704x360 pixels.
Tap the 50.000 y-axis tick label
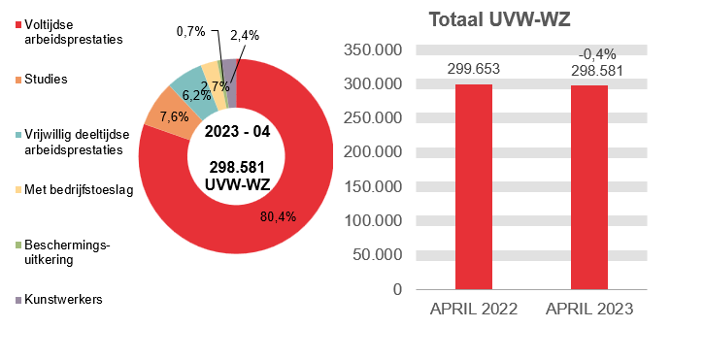(379, 255)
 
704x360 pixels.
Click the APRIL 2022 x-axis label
(474, 310)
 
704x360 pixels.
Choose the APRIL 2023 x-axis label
(589, 310)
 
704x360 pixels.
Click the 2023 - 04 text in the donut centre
(237, 131)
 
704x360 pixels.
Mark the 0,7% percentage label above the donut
(190, 31)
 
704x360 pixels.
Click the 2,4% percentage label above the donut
(245, 35)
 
